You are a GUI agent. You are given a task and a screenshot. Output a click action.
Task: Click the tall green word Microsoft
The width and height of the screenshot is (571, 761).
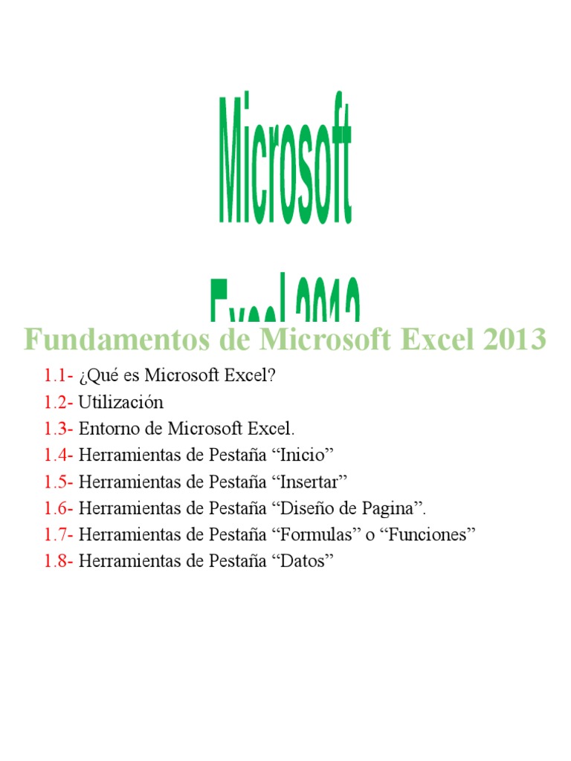(x=285, y=158)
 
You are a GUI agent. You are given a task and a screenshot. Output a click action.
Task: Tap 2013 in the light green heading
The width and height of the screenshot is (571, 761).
(x=514, y=340)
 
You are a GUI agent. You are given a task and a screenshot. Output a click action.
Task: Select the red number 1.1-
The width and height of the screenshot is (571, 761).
(x=59, y=376)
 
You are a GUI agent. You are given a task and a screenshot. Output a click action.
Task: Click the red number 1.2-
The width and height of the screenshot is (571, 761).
(x=59, y=402)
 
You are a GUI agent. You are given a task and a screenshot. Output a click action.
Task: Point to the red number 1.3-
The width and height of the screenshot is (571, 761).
(x=59, y=429)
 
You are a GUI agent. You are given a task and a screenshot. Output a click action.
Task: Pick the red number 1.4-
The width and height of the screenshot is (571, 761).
(x=59, y=455)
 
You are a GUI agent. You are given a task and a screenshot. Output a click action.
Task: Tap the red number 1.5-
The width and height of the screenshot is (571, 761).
(x=59, y=482)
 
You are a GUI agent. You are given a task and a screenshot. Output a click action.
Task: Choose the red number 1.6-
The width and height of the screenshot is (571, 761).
(x=59, y=508)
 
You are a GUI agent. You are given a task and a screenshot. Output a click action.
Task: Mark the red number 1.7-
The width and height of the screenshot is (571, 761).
(x=59, y=534)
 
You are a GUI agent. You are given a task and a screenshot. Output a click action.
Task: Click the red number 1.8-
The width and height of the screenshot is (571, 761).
(x=59, y=561)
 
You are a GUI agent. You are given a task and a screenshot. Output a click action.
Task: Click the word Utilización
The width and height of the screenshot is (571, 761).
(x=120, y=402)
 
